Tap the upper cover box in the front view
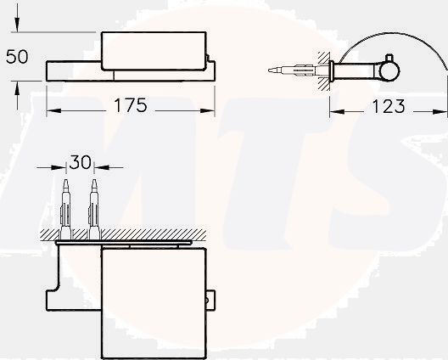[154, 52]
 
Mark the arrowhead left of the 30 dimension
[60, 166]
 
